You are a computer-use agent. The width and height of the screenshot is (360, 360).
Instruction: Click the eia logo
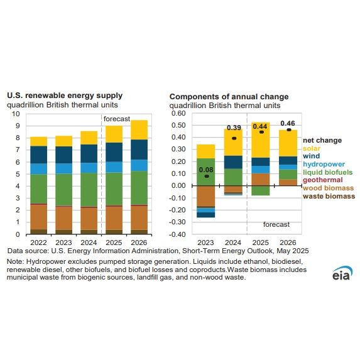(x=342, y=274)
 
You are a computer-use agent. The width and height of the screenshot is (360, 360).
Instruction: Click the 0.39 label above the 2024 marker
(x=234, y=129)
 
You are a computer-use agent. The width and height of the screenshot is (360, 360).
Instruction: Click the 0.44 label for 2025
(x=261, y=126)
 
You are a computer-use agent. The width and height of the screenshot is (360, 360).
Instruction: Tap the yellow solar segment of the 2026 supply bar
(x=139, y=129)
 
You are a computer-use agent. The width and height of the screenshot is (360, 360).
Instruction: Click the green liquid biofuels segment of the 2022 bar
(x=39, y=188)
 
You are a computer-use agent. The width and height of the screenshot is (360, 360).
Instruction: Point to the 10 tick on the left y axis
(x=17, y=114)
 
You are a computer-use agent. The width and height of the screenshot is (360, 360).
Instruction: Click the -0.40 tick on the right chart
(x=178, y=234)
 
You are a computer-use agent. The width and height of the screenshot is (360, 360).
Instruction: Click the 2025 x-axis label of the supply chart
(x=114, y=242)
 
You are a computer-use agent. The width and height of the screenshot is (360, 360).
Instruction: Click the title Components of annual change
(x=229, y=96)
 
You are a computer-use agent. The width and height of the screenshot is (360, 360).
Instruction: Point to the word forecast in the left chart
(x=117, y=119)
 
